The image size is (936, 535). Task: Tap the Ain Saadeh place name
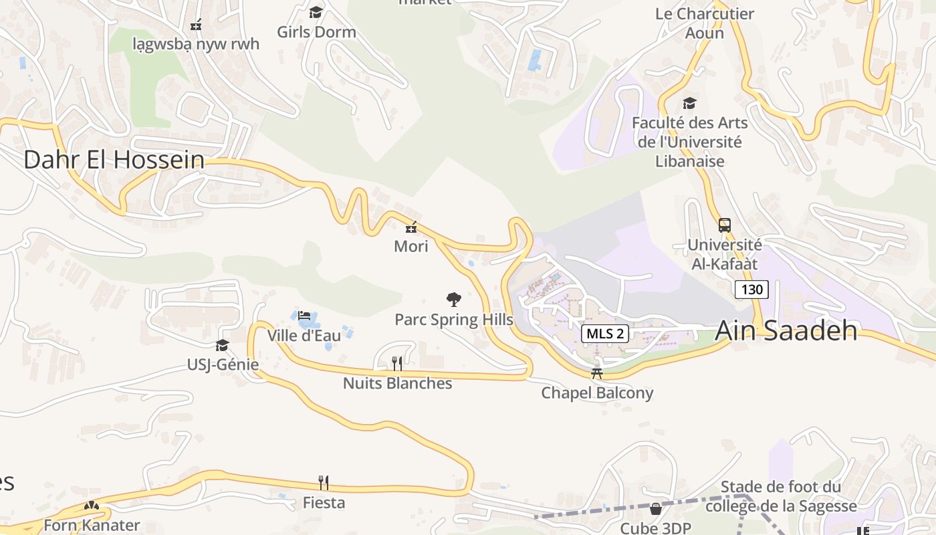coord(786,330)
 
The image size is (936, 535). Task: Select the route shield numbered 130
coord(751,290)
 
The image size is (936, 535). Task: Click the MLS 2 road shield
coord(605,334)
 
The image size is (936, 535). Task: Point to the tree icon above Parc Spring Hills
coord(454,300)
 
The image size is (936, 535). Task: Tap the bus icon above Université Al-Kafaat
coord(725,225)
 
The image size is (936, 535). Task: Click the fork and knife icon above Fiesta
coord(324,482)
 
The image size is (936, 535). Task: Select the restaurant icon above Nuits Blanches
coord(397,363)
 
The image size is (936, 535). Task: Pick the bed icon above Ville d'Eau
coord(304,316)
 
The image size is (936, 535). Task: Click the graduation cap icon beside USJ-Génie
coord(222,345)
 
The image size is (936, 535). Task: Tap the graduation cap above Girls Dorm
coord(316,12)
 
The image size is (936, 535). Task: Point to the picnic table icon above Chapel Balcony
coord(597,373)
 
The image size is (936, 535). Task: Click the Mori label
coord(411,246)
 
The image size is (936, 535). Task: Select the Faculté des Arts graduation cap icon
coord(689,103)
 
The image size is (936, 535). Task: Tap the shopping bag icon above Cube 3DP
coord(656,509)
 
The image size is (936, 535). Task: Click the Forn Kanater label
coord(92,525)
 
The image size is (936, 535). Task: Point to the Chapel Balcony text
coord(596,393)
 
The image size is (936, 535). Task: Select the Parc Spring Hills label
coord(453,320)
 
